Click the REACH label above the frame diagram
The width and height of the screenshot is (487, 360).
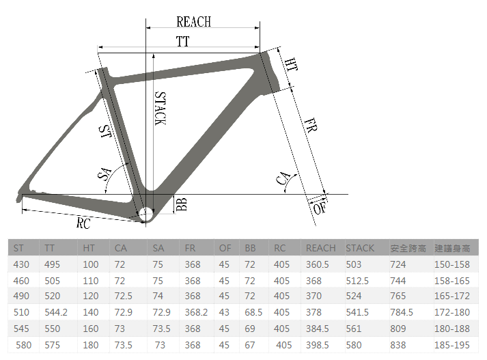[x=194, y=22]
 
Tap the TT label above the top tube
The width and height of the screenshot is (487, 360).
[x=182, y=41]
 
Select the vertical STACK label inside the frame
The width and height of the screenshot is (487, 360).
[x=161, y=109]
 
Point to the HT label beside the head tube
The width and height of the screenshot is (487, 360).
[x=292, y=65]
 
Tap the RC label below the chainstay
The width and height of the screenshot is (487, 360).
[x=83, y=223]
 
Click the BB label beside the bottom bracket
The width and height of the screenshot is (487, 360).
[x=182, y=204]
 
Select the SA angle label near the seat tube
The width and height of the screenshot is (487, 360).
[x=105, y=174]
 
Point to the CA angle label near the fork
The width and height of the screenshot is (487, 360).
[x=283, y=178]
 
